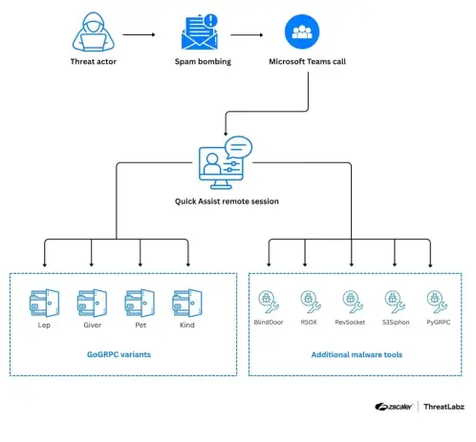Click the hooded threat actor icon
[94, 32]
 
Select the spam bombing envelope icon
[200, 32]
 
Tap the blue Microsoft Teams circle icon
[302, 32]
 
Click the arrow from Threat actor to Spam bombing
[139, 34]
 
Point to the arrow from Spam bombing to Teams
[247, 34]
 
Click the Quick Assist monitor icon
[226, 162]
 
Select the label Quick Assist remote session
[227, 201]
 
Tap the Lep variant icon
[44, 303]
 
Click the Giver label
[93, 325]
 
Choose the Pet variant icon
[140, 303]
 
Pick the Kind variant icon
[187, 303]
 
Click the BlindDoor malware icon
[269, 302]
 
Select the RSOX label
[309, 322]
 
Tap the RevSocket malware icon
[353, 302]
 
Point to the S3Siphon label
[396, 322]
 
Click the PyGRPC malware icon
[437, 302]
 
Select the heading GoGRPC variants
[119, 354]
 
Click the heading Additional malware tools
[357, 354]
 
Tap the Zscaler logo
[394, 407]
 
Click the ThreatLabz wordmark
[444, 407]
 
